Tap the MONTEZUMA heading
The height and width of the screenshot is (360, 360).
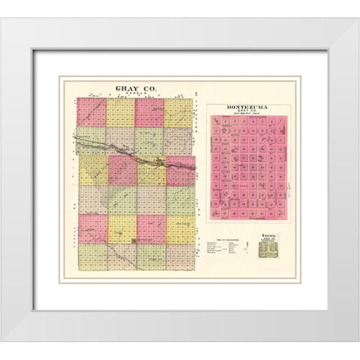(x=247, y=107)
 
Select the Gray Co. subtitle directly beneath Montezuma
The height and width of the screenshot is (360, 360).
(x=247, y=113)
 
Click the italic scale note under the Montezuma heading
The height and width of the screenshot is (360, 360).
(x=247, y=118)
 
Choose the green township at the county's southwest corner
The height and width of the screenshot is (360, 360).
(x=91, y=257)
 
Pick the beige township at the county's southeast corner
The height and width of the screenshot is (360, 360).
(x=180, y=257)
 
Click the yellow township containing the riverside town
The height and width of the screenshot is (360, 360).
(x=151, y=171)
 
